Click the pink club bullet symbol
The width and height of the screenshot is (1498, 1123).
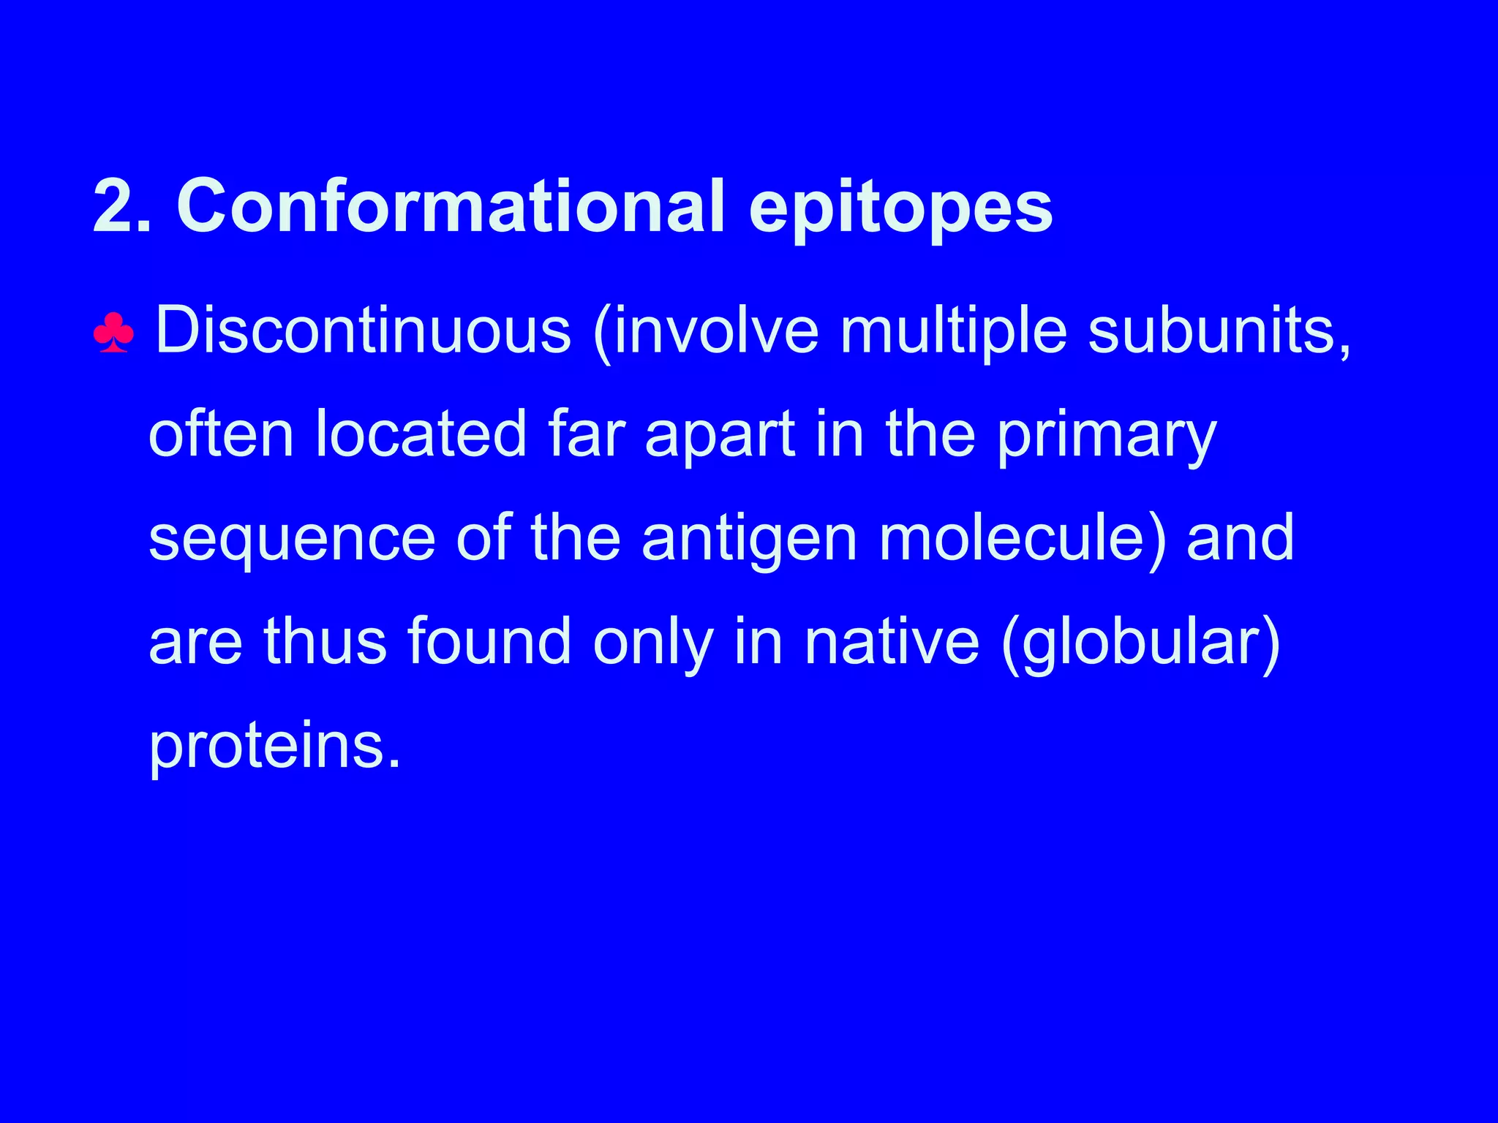[x=113, y=333]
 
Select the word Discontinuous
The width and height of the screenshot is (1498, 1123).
[x=363, y=330]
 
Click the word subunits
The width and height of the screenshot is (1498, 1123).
[x=1217, y=330]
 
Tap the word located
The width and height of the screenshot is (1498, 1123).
[x=421, y=434]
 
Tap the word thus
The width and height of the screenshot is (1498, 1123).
[x=325, y=642]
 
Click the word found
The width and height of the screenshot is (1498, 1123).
[x=489, y=642]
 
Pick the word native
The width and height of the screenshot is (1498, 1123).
[x=892, y=642]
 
